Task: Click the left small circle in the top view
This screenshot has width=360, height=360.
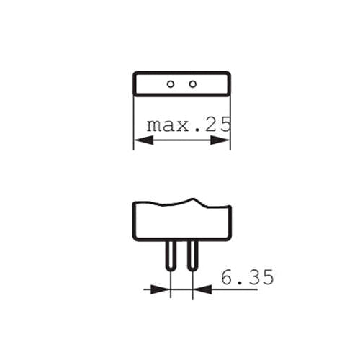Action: point(171,84)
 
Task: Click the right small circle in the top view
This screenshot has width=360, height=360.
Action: point(193,84)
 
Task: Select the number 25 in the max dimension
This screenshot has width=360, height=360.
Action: point(220,125)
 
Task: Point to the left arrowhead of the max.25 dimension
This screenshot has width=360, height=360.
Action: point(143,140)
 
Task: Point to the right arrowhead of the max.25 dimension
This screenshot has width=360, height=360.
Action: point(220,140)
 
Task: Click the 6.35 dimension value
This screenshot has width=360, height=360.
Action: point(247,277)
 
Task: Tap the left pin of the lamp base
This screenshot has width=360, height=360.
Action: point(171,256)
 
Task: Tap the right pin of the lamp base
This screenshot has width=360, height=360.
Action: point(193,256)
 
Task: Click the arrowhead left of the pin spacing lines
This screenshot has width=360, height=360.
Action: point(161,289)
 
